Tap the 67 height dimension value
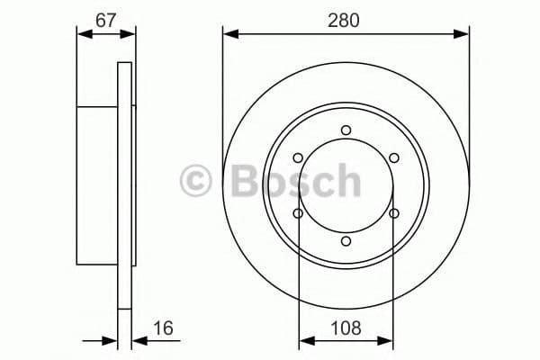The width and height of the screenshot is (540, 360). (106, 20)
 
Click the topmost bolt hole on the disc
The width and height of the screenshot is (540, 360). (346, 130)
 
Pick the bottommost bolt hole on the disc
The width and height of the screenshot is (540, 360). (346, 241)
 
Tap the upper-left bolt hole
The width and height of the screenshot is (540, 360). (298, 158)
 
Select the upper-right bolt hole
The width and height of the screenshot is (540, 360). (394, 158)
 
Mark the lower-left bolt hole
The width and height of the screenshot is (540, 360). (298, 213)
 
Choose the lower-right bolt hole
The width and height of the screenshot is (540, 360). (394, 213)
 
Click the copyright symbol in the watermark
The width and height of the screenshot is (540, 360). (196, 181)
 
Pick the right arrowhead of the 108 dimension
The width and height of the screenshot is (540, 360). (388, 341)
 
